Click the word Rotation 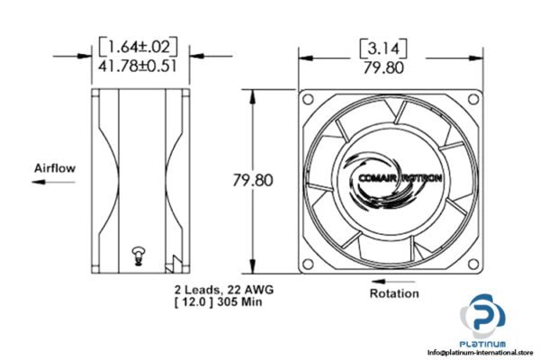[x=394, y=292]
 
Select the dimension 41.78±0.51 [x=139, y=64]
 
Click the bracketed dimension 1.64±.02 [x=139, y=46]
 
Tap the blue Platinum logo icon [x=483, y=318]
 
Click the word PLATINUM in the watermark [x=483, y=344]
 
